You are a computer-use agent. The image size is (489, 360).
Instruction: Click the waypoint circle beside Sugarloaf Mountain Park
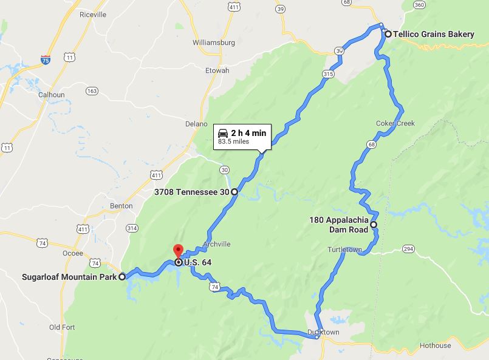pyautogui.click(x=122, y=277)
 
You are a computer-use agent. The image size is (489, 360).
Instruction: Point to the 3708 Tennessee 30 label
pyautogui.click(x=191, y=192)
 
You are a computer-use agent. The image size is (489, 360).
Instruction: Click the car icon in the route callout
pyautogui.click(x=223, y=132)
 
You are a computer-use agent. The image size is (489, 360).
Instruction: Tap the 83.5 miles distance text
pyautogui.click(x=233, y=142)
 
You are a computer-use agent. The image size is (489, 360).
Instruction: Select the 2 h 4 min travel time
pyautogui.click(x=248, y=132)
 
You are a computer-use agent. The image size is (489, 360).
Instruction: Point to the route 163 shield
pyautogui.click(x=92, y=91)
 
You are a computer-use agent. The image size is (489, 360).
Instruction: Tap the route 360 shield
pyautogui.click(x=419, y=5)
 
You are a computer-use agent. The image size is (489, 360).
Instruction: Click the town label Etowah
pyautogui.click(x=217, y=70)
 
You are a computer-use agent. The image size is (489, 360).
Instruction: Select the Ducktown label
pyautogui.click(x=323, y=333)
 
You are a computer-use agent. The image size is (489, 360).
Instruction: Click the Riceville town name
pyautogui.click(x=92, y=15)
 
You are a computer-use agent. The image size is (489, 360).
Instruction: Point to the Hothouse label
pyautogui.click(x=435, y=345)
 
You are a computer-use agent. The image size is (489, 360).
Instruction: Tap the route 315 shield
pyautogui.click(x=328, y=73)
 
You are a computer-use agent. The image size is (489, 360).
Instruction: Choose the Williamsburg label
pyautogui.click(x=213, y=42)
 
